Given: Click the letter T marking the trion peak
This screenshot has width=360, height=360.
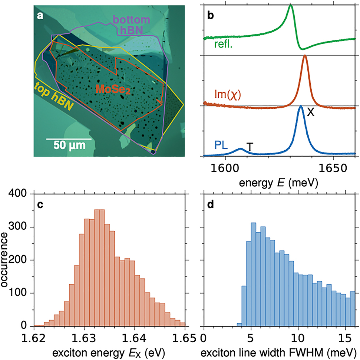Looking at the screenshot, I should pos(250,147).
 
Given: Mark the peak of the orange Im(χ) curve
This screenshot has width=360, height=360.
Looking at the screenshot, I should pos(305,56).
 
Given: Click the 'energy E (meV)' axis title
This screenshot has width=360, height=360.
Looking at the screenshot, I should pos(279,182).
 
